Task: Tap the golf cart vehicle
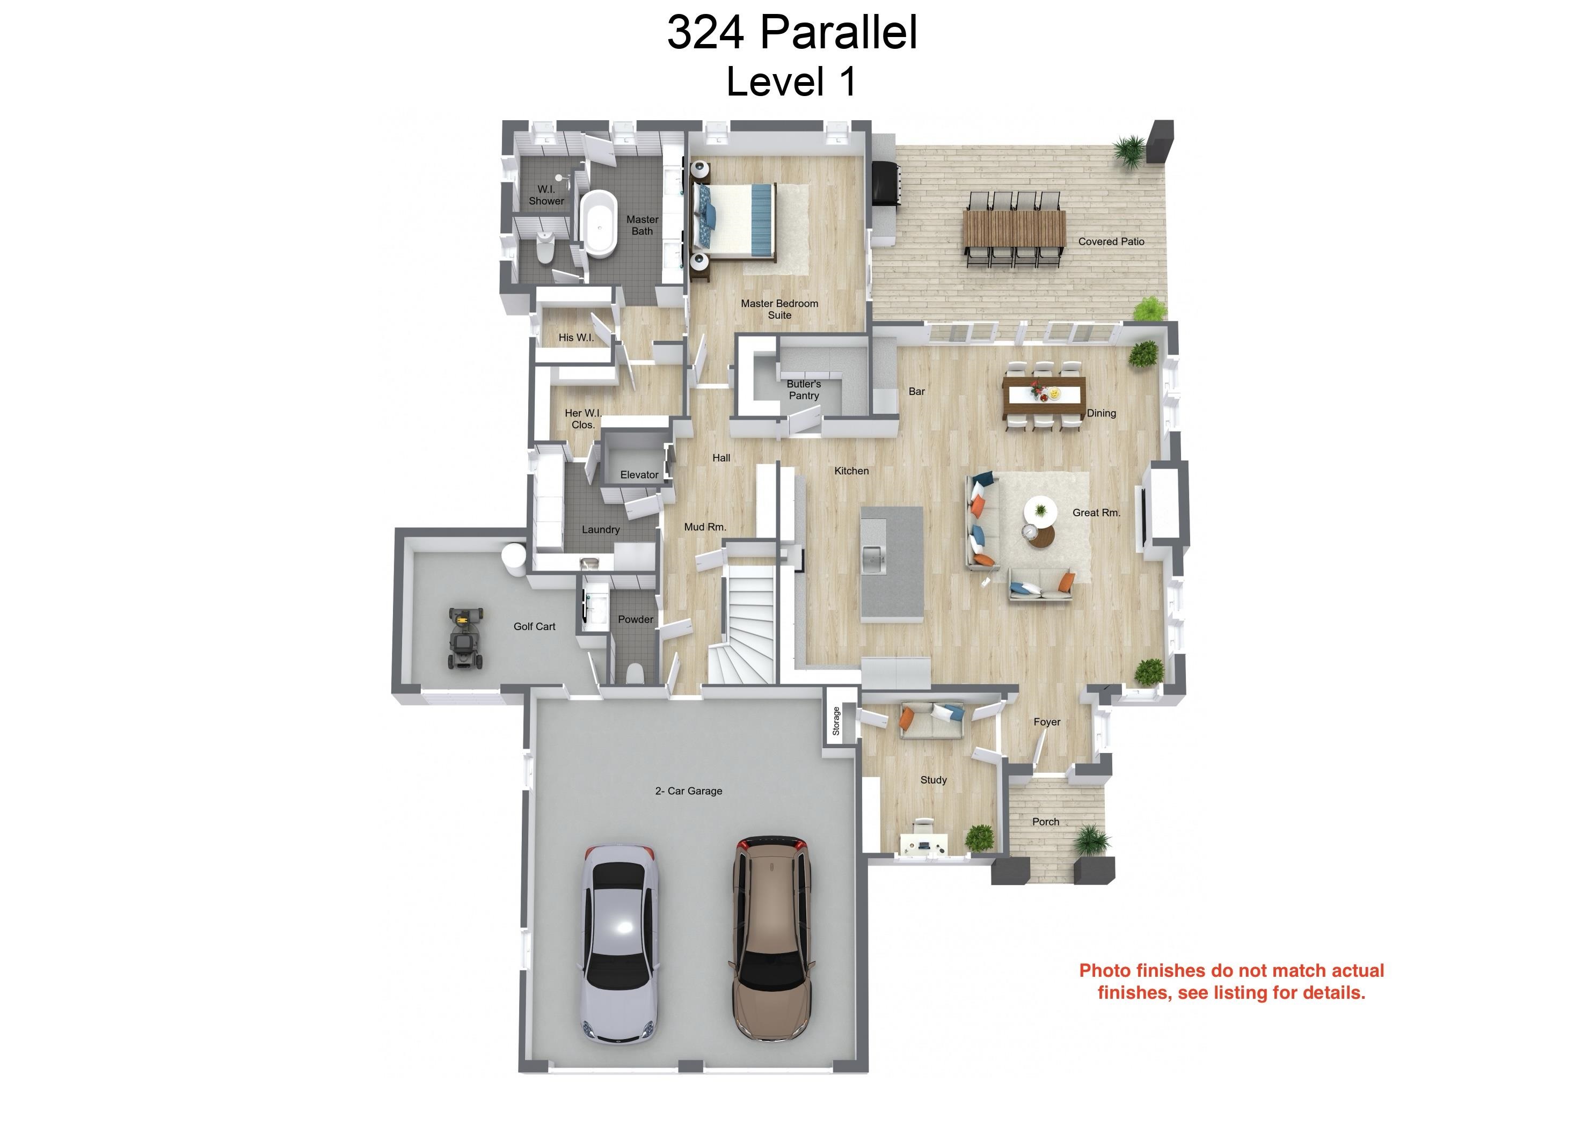(x=466, y=638)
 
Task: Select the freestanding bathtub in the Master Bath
(x=599, y=223)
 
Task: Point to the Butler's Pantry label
(x=804, y=390)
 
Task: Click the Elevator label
(x=639, y=475)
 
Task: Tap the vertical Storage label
(x=836, y=721)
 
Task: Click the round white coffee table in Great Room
(x=1040, y=510)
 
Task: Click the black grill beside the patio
(x=884, y=184)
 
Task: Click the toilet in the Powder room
(x=635, y=672)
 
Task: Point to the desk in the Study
(x=924, y=843)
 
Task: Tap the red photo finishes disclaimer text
(x=1231, y=981)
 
